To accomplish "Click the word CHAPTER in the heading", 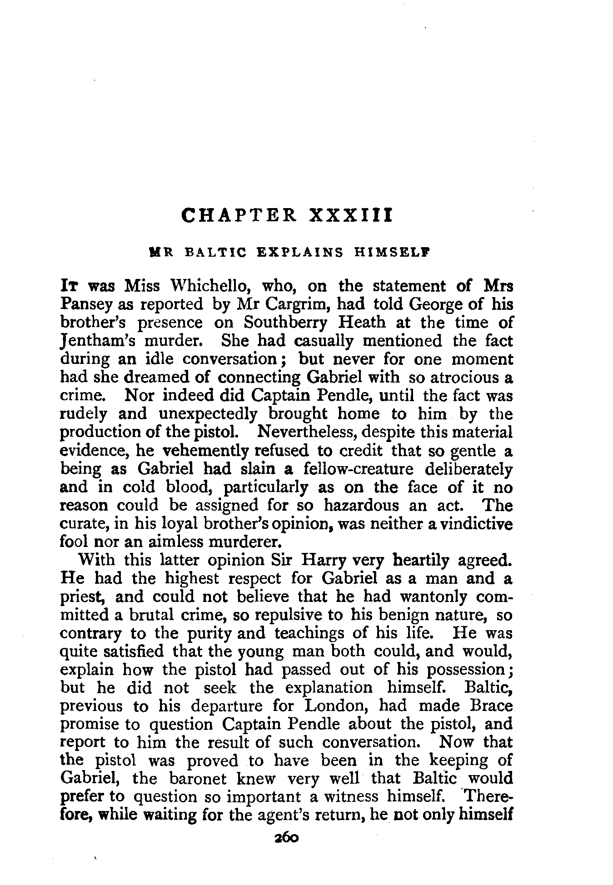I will pyautogui.click(x=239, y=215).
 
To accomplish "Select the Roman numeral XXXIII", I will pyautogui.click(x=350, y=215).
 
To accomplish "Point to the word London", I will pyautogui.click(x=338, y=706).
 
